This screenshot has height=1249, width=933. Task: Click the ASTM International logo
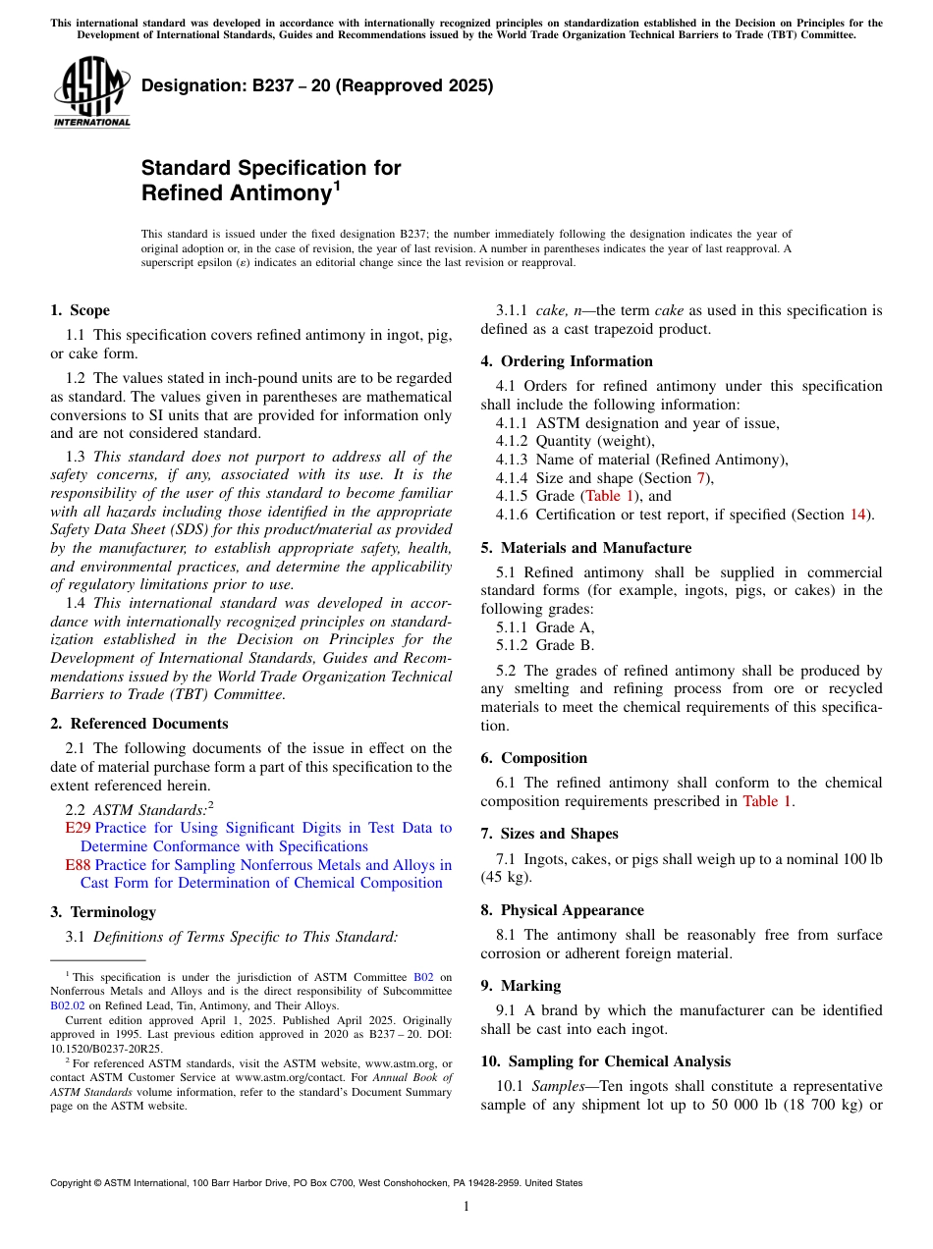tap(90, 93)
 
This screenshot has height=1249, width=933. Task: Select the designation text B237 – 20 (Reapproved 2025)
tap(316, 86)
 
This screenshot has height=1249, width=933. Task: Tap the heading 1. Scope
tap(80, 310)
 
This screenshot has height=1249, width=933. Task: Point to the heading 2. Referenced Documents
tap(138, 724)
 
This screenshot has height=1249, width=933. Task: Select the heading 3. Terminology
tap(102, 912)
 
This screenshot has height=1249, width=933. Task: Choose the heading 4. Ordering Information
tap(567, 361)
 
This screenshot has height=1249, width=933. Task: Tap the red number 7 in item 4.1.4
tap(700, 478)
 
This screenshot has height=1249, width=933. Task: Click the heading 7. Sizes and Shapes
tap(549, 834)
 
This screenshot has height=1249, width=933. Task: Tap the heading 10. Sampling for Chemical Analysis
tap(605, 1061)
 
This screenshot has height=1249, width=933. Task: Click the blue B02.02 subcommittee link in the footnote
tap(68, 1005)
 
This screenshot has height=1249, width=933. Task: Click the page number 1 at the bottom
tap(466, 1206)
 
